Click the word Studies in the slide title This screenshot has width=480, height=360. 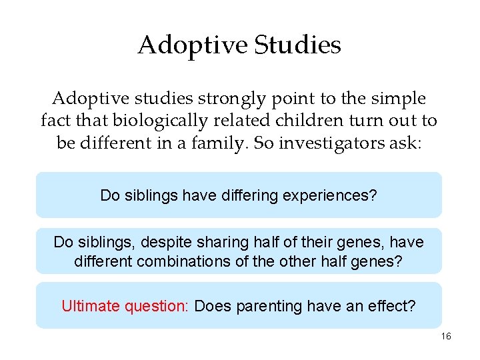tap(297, 45)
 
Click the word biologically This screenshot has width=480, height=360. tap(148, 121)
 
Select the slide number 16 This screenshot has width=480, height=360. tap(446, 337)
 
